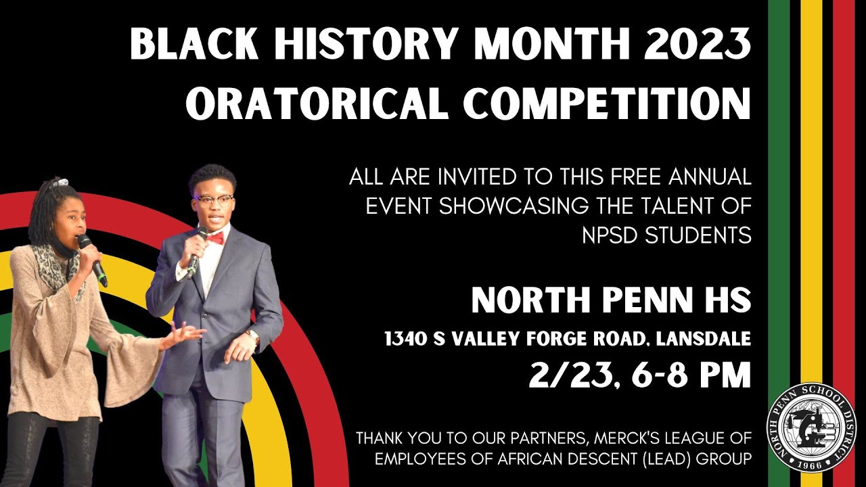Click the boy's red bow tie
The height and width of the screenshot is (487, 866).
point(215,238)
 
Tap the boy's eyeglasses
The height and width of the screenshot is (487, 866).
point(213,200)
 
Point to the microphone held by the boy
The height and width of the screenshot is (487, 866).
point(197,250)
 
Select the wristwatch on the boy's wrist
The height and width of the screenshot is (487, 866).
point(253,335)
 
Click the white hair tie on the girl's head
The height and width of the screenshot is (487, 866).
point(62,181)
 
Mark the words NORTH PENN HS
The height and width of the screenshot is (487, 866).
point(611,300)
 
